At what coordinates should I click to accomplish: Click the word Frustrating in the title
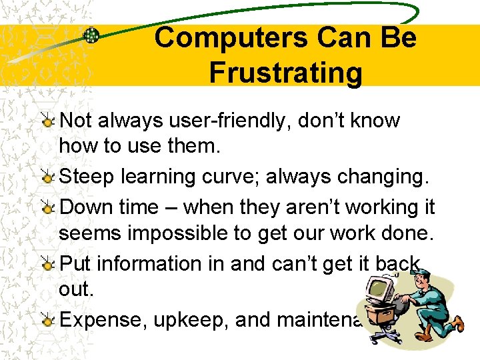pos(285,72)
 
